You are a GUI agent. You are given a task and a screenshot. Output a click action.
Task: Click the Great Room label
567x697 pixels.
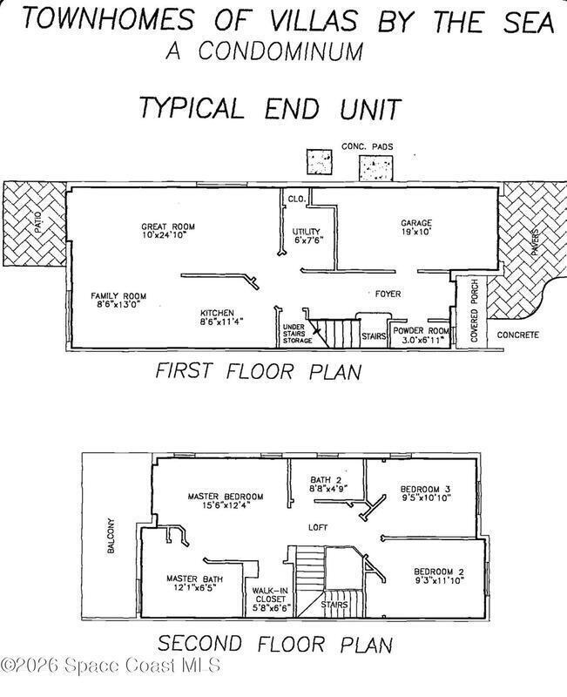pos(168,231)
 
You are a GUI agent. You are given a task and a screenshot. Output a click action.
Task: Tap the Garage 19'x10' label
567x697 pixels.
pos(416,227)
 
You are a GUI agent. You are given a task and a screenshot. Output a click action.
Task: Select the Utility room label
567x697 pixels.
pos(307,235)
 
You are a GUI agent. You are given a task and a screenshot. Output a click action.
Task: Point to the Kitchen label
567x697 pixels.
pos(221,317)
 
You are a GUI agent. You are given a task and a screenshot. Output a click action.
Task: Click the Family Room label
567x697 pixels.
pos(118,300)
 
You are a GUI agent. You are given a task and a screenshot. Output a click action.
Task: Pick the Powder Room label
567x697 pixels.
pos(421,335)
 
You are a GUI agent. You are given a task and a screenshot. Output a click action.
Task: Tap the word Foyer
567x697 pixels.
pos(388,294)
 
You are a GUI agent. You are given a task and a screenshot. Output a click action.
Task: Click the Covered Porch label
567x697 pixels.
pos(475,311)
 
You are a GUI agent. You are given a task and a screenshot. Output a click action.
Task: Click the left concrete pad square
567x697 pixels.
pos(320,162)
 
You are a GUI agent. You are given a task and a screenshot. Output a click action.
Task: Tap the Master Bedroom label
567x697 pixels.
pos(226,500)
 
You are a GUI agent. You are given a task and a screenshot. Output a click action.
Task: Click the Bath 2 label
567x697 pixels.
pos(328,484)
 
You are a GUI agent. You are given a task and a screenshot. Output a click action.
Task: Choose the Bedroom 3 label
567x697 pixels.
pos(426,493)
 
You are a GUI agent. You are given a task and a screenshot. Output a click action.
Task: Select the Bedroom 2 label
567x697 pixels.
pos(439,576)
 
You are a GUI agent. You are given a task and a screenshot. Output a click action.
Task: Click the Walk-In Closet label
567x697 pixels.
pos(270,599)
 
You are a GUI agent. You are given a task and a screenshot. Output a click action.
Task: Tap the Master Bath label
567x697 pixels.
pos(194,583)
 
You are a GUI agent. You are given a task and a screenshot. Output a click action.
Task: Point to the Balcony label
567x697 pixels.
pos(111,536)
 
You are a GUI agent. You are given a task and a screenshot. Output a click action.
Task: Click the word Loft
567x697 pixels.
pos(318,527)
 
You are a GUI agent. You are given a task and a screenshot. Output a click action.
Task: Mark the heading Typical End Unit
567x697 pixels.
pos(270,108)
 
